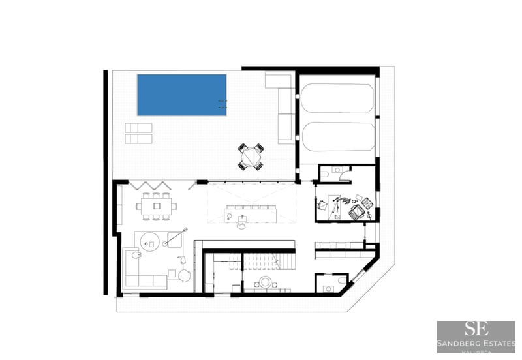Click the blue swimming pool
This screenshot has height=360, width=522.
tap(181, 95)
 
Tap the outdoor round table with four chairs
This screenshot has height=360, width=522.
tap(251, 157)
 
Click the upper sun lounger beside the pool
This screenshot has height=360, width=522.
tap(138, 128)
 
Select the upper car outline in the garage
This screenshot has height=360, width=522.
tap(337, 98)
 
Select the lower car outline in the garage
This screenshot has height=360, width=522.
tap(337, 135)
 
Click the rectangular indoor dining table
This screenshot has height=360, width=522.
tap(157, 206)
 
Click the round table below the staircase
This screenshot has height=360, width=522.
tap(266, 282)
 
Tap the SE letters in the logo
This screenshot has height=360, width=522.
tap(476, 329)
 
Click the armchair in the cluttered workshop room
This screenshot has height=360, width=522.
tap(358, 211)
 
